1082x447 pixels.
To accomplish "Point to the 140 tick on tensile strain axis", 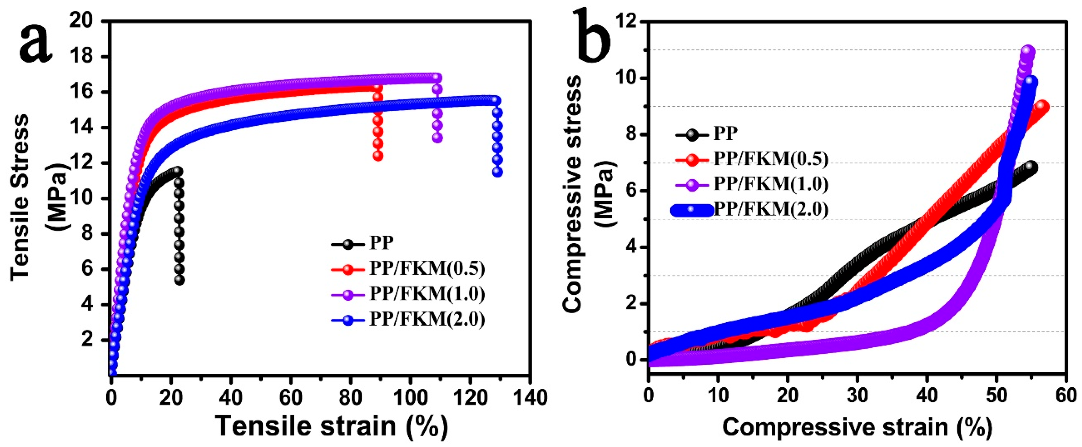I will (x=530, y=397).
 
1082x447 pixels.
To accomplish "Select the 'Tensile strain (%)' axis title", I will (x=332, y=426).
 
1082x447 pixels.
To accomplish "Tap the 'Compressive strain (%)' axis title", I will (x=857, y=427).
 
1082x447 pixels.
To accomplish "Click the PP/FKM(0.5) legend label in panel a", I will (x=427, y=268).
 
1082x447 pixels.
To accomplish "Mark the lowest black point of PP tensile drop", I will (x=179, y=280).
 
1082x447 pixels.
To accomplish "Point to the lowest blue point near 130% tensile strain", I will (x=497, y=172).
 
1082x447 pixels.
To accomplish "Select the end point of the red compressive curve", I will (x=1042, y=107).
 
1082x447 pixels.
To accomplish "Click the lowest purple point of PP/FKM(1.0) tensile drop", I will (x=437, y=138).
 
